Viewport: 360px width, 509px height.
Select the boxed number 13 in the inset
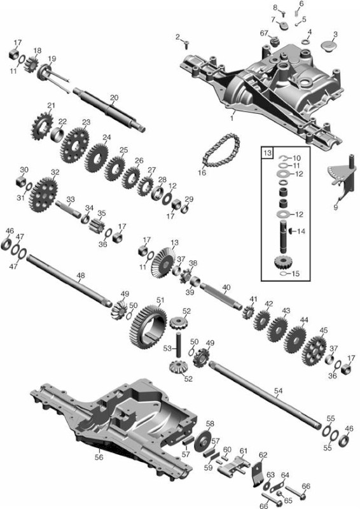(267, 153)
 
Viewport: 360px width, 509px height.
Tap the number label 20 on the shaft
(114, 98)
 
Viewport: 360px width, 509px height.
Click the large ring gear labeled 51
(148, 328)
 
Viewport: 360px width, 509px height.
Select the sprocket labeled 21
(42, 126)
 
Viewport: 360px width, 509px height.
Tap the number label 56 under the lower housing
(99, 457)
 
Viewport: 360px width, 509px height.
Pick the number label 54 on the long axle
(278, 391)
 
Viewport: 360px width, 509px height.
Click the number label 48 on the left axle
(81, 276)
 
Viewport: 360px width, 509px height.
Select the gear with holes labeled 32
(43, 195)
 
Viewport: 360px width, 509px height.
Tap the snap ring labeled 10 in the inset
(283, 158)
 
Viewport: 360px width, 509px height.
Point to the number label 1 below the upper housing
(232, 119)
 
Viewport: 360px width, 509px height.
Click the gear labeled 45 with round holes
(314, 351)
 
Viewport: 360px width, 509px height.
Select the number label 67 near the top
(264, 33)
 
